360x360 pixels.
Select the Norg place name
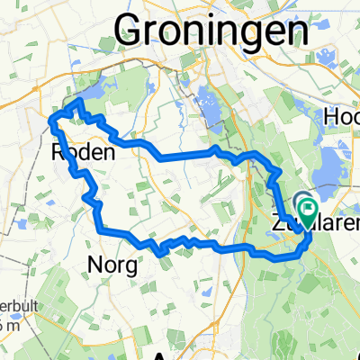tap(114, 265)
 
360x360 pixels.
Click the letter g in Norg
tap(133, 268)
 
